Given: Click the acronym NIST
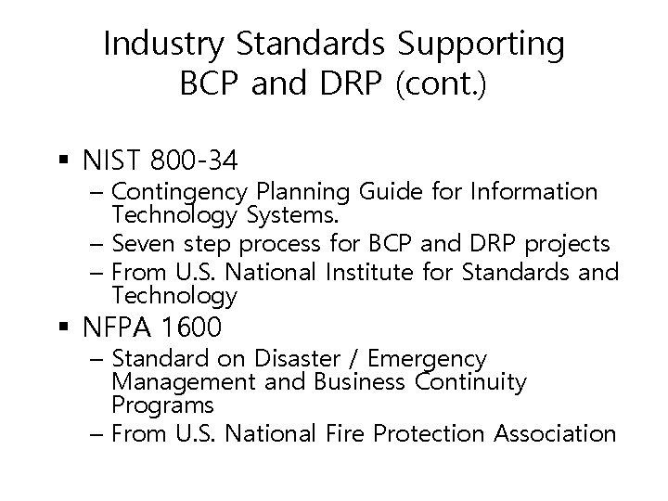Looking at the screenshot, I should tap(109, 161).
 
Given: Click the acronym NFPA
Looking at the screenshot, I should tap(114, 328).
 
